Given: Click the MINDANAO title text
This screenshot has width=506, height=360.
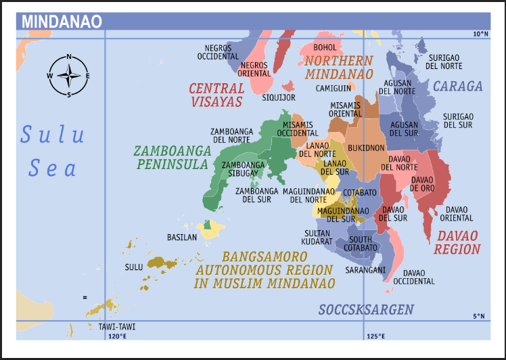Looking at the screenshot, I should point(62,21).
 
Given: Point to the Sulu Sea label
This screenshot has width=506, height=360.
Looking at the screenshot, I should point(52,151).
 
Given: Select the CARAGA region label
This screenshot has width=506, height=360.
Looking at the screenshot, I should point(458,86).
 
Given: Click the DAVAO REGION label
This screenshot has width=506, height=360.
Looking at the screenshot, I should point(457,242).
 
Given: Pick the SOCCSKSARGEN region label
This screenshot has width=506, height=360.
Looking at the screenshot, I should point(366,310).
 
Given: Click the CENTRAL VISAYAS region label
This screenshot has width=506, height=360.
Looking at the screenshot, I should point(216,95).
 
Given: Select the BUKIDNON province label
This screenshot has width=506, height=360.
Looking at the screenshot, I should point(366,148).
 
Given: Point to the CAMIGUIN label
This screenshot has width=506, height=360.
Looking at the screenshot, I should point(333,89).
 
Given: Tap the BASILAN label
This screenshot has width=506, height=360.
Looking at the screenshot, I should point(182,238).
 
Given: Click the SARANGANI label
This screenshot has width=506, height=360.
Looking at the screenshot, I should point(365,269).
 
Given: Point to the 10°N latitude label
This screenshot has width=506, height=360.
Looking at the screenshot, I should point(480,34).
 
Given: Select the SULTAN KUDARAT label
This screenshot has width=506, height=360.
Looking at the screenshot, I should point(318,237).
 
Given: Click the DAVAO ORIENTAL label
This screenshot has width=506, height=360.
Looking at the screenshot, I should point(457,214).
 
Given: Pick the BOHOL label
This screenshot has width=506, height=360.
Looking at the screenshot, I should point(325,48).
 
